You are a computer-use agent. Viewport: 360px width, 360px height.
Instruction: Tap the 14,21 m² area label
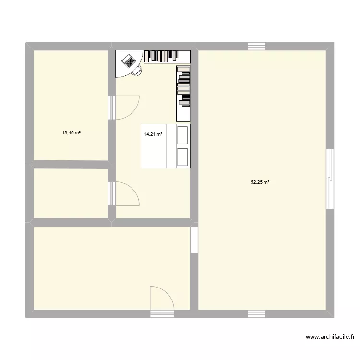click(x=153, y=134)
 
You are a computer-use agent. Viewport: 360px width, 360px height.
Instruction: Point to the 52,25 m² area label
click(x=260, y=182)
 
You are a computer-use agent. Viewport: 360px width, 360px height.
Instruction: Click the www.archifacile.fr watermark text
click(x=329, y=337)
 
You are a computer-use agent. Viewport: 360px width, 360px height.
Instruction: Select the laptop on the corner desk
click(x=129, y=61)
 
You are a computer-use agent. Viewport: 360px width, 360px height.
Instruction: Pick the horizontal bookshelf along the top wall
click(x=167, y=56)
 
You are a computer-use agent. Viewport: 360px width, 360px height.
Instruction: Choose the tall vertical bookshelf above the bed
click(x=183, y=93)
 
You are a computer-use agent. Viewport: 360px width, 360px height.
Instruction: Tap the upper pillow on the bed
click(x=182, y=135)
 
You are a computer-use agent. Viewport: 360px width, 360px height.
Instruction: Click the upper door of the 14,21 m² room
click(x=126, y=107)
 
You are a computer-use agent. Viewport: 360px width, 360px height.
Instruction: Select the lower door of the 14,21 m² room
click(x=126, y=194)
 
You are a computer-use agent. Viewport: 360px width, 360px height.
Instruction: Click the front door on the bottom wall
click(x=162, y=300)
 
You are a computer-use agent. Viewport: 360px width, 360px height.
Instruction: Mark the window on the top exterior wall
click(x=256, y=47)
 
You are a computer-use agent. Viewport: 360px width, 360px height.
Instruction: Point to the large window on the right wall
click(x=330, y=179)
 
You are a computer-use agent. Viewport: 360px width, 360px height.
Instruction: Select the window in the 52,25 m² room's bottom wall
click(x=256, y=313)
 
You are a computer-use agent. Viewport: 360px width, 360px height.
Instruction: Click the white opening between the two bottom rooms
click(x=194, y=240)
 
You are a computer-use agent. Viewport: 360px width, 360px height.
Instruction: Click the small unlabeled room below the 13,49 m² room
click(x=70, y=193)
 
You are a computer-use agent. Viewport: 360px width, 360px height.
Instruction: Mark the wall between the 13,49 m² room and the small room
click(x=70, y=164)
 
